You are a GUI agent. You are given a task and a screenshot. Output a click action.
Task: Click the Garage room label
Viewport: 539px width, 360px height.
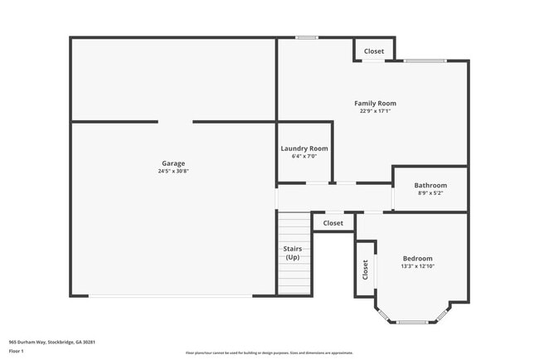pos(173,163)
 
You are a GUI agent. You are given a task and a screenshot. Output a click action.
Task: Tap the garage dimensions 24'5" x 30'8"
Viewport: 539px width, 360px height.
pos(173,172)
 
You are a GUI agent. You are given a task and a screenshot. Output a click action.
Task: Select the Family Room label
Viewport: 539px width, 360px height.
pos(375,104)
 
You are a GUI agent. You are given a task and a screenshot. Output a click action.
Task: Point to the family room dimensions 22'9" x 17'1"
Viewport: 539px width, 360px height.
pos(375,111)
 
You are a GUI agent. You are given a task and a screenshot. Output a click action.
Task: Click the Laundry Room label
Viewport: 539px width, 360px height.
pos(304,148)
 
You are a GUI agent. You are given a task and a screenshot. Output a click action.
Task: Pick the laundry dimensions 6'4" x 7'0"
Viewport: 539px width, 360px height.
pos(304,156)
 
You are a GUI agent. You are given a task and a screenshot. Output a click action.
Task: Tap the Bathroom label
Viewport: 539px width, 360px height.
pos(430,185)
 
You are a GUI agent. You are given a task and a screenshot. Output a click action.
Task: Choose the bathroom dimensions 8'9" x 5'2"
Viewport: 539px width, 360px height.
pos(430,192)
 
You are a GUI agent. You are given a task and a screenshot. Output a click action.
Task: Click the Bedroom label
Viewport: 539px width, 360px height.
pos(417,258)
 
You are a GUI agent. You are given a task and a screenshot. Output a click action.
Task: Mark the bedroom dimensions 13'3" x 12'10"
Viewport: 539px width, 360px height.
pos(417,266)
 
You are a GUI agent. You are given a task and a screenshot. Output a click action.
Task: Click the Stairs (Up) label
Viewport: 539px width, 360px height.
pos(293,253)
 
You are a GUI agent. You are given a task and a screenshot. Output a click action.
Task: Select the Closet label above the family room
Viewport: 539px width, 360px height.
pos(374,51)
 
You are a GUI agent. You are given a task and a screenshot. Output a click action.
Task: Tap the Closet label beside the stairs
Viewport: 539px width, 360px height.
pos(333,223)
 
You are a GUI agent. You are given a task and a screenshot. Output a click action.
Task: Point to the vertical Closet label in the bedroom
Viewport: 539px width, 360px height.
pos(365,270)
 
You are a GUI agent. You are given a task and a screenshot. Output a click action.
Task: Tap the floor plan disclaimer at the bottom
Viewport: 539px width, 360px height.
pos(269,353)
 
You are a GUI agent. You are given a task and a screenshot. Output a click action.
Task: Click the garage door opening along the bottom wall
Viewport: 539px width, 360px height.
pos(172,296)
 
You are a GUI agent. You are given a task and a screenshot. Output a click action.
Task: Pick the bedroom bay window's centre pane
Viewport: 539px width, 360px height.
pos(411,322)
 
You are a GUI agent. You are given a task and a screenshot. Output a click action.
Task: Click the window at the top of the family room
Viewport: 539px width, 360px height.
pos(307,37)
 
